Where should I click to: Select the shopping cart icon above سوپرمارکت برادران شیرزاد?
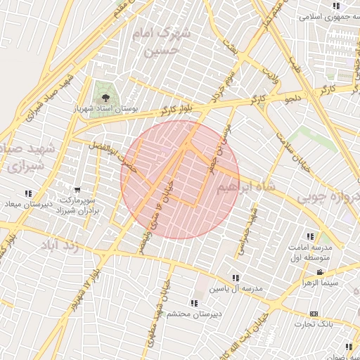tap(77, 189)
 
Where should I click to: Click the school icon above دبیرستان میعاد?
tap(28, 193)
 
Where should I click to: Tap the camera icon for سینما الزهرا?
tap(320, 273)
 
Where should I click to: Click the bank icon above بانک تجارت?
tap(314, 314)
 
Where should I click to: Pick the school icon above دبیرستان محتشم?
tap(194, 303)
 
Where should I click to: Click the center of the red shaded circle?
tap(180, 179)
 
